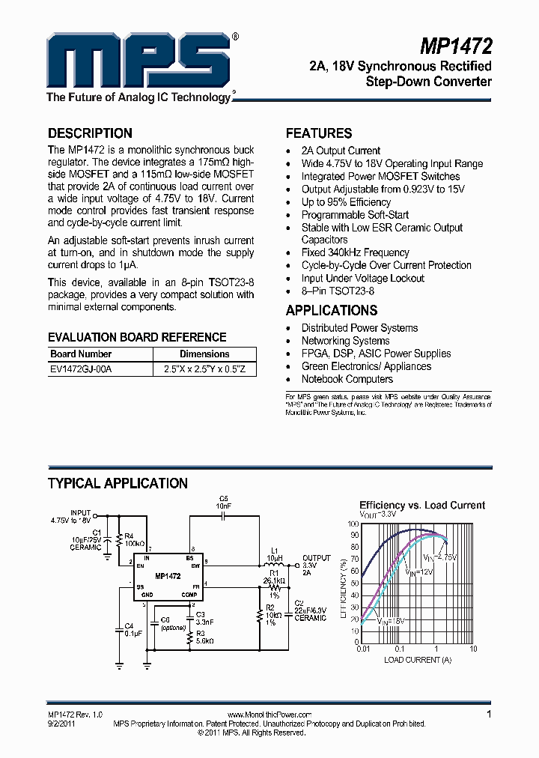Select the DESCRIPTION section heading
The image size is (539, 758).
coord(90,133)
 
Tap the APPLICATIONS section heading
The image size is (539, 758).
coord(332,310)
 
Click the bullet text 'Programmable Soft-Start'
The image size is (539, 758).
coord(355,215)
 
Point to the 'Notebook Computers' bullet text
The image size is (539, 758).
coord(347,379)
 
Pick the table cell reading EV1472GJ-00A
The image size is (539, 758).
coord(81,369)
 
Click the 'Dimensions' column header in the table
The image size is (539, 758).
coord(204,354)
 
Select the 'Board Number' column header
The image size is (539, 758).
coord(81,354)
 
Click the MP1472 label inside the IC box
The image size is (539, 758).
coord(168,576)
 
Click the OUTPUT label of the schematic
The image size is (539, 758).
coord(316,558)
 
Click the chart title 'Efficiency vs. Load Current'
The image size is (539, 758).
coord(422,505)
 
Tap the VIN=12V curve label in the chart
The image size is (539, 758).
coord(419,571)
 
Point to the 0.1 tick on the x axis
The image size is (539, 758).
coord(399,649)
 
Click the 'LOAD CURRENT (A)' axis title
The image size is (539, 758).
coord(418,660)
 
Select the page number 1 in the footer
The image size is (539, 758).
coord(489,715)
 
